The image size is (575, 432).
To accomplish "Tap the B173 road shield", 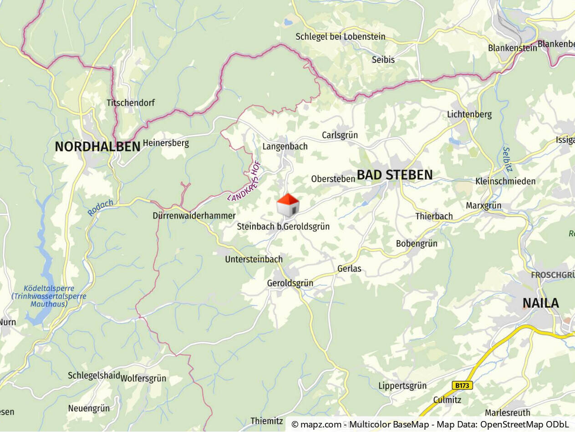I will pos(463,386).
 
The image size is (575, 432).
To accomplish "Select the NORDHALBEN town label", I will pos(97,147).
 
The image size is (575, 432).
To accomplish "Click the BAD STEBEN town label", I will pos(394,175).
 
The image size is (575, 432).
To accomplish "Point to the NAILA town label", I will pos(540,303).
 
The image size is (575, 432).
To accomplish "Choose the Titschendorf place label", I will pos(131,103).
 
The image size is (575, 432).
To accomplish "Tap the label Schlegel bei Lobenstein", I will pos(340,37).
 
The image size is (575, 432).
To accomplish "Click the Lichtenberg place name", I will pos(469,114).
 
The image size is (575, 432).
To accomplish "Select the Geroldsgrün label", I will pos(290,283).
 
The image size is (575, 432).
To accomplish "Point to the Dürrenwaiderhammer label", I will pos(194,216).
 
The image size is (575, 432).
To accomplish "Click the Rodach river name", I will pos(100,207).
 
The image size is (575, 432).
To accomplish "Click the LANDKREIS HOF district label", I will pos(244,181).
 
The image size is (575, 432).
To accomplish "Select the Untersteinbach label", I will pos(254,259).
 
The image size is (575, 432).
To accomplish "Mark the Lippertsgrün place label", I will pos(402,386).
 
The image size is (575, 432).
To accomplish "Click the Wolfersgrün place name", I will pos(143,378).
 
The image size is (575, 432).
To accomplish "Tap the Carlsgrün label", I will pos(340,135).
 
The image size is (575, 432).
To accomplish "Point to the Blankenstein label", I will pos(512,48).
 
